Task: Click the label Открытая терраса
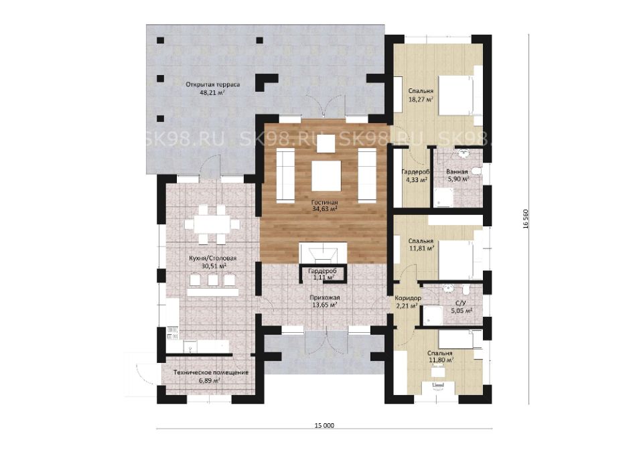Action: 212,85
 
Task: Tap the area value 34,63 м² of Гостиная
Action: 324,209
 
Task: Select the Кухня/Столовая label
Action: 213,258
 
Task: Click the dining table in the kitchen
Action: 212,224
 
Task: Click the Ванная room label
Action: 457,172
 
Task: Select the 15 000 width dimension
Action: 324,426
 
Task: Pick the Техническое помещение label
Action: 211,373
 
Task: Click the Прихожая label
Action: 324,298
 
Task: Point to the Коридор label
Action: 408,299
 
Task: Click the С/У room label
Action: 461,303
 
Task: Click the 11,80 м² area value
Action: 441,360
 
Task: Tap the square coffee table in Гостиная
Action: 326,176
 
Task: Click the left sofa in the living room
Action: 285,175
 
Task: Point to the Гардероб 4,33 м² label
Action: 415,175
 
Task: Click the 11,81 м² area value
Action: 421,248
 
